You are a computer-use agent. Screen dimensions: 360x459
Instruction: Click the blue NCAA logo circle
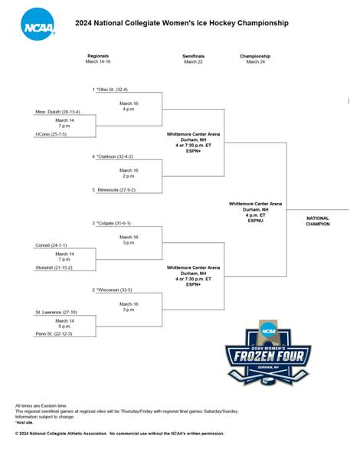(x=38, y=25)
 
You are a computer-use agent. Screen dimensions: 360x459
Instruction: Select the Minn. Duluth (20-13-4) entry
(x=57, y=112)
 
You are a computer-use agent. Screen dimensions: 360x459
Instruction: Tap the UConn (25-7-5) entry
(x=51, y=134)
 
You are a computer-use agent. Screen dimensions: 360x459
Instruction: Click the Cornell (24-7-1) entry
(x=51, y=245)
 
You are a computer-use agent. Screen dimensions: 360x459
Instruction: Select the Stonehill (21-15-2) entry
(x=54, y=267)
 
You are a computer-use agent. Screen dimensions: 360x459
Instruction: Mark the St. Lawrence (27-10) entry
(x=56, y=313)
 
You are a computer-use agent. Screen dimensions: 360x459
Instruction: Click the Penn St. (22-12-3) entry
(x=54, y=333)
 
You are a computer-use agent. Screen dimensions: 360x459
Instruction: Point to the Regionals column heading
(x=98, y=56)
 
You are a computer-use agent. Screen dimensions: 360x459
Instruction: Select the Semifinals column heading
(x=194, y=56)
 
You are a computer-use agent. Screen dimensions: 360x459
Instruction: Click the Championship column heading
(x=255, y=56)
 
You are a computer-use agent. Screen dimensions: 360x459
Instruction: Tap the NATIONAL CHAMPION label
(x=318, y=221)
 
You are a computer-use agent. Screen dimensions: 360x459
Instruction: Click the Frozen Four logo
(x=268, y=352)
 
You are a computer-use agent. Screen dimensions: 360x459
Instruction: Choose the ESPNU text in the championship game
(x=256, y=221)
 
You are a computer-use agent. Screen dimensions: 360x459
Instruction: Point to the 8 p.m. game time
(x=64, y=326)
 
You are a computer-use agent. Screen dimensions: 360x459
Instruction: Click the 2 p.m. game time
(x=129, y=176)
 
